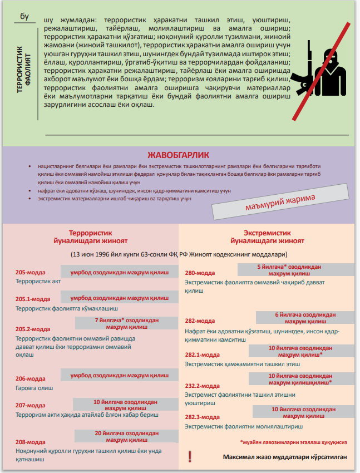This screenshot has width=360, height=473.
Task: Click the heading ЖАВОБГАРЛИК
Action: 178,155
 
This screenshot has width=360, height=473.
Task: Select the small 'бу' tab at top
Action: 24,16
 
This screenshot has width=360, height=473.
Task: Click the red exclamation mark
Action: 190,456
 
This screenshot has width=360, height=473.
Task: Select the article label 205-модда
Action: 31,273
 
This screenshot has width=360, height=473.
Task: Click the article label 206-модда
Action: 31,378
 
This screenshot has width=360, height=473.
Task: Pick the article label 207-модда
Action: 31,406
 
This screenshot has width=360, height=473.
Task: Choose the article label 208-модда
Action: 31,442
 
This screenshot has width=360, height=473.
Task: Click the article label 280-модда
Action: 200,273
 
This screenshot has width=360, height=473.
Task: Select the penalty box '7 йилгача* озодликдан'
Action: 126,323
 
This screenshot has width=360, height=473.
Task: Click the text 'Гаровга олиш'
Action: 34,387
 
